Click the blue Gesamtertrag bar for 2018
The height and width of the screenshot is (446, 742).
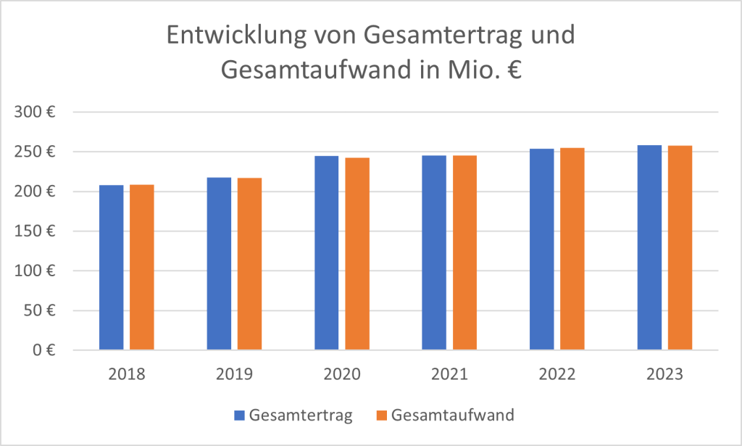[x=112, y=268]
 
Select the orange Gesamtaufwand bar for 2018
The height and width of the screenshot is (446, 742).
[x=142, y=268]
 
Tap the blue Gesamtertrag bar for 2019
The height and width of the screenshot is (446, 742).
[x=219, y=264]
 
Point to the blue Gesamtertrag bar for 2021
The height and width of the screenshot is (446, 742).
[x=434, y=253]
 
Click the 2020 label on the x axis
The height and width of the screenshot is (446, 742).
[x=342, y=375]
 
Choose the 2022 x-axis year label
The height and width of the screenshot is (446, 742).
[x=556, y=375]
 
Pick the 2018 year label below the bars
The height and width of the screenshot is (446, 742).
[x=127, y=375]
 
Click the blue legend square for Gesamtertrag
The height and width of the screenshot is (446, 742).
[x=239, y=416]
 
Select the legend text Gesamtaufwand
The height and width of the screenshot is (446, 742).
[x=452, y=416]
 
